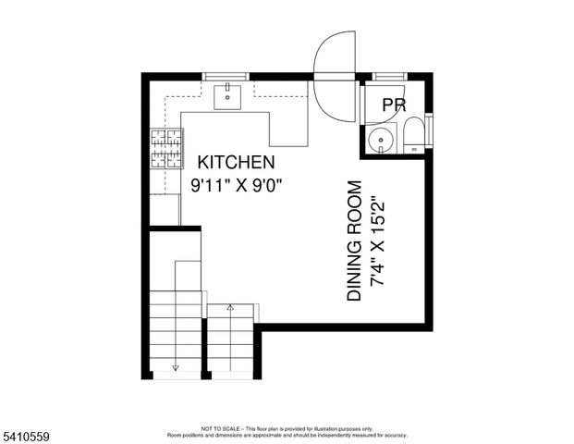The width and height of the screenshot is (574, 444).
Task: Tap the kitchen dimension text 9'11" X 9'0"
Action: (236, 184)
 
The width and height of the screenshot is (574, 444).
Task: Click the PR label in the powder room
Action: (395, 105)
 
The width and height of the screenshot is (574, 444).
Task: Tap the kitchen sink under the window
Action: (228, 94)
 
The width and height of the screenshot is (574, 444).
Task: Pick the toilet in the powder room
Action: (415, 134)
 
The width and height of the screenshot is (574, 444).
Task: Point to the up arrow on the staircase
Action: (230, 309)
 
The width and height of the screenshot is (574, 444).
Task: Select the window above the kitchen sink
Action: (228, 75)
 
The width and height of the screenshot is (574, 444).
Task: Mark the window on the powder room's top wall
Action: (388, 75)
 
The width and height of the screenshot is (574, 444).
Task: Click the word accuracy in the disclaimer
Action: (396, 435)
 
